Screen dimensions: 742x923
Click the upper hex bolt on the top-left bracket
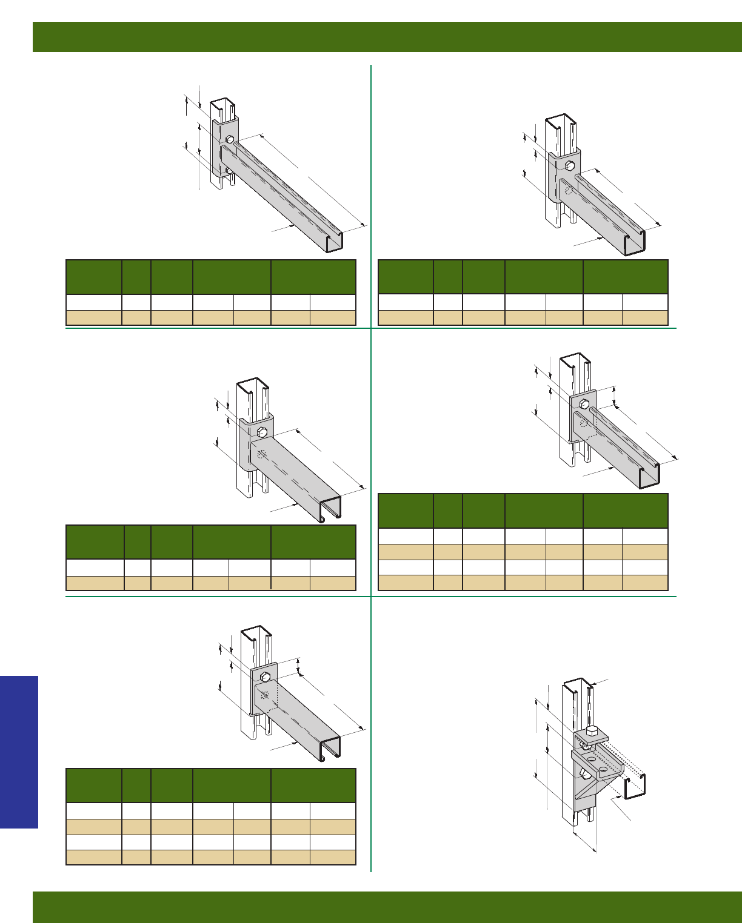(230, 139)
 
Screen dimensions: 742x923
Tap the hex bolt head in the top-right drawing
(570, 165)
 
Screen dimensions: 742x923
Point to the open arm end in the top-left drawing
(334, 241)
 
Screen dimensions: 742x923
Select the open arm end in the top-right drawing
(634, 243)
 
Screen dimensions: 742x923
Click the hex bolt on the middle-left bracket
(262, 432)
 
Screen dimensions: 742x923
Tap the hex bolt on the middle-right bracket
(584, 403)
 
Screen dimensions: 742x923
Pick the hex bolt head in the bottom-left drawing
(265, 676)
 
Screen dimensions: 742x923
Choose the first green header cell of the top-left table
(93, 277)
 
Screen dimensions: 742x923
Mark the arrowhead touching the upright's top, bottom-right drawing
(591, 684)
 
